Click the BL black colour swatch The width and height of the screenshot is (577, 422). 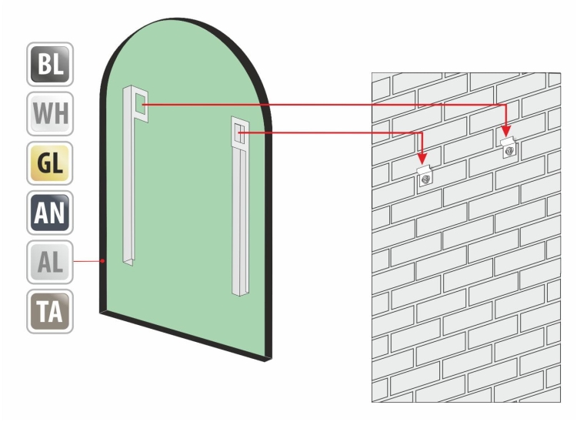point(50,64)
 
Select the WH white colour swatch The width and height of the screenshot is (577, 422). point(50,114)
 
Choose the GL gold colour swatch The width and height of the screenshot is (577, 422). point(50,163)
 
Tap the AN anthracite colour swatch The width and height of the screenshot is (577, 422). point(50,213)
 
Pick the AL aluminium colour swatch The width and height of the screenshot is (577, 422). point(50,262)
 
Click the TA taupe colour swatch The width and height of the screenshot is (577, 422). point(50,312)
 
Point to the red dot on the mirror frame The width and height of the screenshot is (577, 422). point(103,261)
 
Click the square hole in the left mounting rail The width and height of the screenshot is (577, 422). point(140,103)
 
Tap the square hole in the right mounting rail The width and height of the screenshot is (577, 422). point(238,133)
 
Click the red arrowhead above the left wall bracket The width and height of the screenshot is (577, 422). point(422,159)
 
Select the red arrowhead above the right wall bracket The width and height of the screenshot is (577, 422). point(506,131)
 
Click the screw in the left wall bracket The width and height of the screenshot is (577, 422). point(425,179)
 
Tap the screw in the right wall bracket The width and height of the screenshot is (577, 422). point(509,151)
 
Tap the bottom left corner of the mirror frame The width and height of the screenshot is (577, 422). point(101,313)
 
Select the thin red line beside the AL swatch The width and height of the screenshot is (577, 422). point(88,261)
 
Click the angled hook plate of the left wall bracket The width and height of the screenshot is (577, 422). point(424,170)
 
